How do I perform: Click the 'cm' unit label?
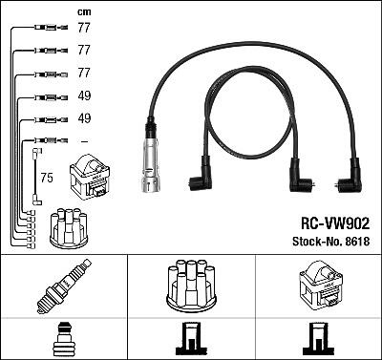pyautogui.click(x=84, y=12)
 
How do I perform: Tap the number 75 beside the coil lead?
pyautogui.click(x=47, y=178)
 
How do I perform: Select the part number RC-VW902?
pyautogui.click(x=335, y=223)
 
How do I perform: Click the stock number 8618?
pyautogui.click(x=357, y=242)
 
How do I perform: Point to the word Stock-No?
pyautogui.click(x=317, y=242)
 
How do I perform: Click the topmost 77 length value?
pyautogui.click(x=84, y=28)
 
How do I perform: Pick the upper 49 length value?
pyautogui.click(x=84, y=95)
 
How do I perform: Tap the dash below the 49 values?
pyautogui.click(x=84, y=141)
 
